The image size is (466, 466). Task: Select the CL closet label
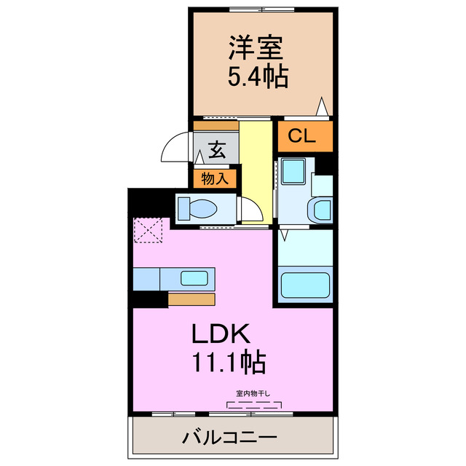click(x=301, y=135)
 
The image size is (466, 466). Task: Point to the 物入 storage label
click(x=216, y=178)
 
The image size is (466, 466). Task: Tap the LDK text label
click(x=221, y=333)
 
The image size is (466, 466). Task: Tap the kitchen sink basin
click(x=194, y=277)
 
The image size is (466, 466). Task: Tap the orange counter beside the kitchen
click(x=191, y=299)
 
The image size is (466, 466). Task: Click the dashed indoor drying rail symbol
click(x=254, y=404)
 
